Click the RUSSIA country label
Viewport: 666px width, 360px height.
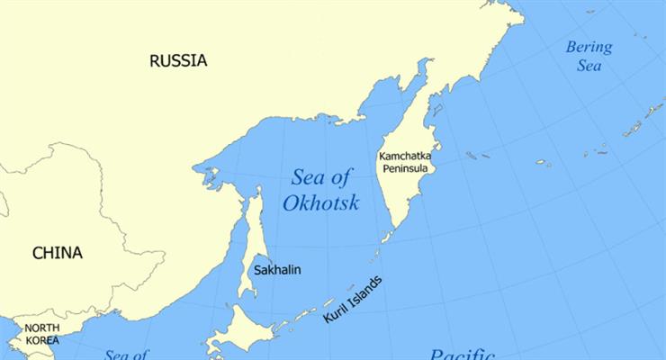pyautogui.click(x=177, y=61)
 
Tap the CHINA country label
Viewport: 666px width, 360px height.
pyautogui.click(x=58, y=253)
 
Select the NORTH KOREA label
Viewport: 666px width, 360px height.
pyautogui.click(x=42, y=334)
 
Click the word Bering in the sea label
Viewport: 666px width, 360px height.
pyautogui.click(x=589, y=48)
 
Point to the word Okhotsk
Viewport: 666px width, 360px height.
pyautogui.click(x=320, y=203)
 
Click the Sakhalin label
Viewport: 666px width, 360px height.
pyautogui.click(x=276, y=270)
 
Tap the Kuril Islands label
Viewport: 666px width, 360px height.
pyautogui.click(x=352, y=300)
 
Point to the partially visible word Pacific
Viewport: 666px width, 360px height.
pyautogui.click(x=463, y=354)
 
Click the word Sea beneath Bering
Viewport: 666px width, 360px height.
pyautogui.click(x=589, y=66)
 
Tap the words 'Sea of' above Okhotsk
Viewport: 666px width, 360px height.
pyautogui.click(x=320, y=175)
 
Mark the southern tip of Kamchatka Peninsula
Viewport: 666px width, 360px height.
pyautogui.click(x=384, y=238)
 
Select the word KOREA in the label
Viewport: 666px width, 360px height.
pyautogui.click(x=42, y=340)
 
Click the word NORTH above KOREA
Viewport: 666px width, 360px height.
pyautogui.click(x=42, y=328)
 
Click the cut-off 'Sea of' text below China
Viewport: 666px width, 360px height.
pyautogui.click(x=125, y=355)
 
